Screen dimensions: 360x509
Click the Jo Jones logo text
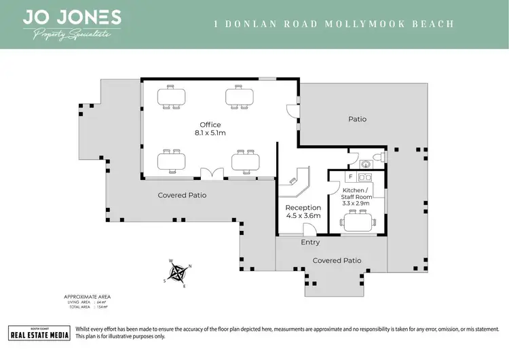pyautogui.click(x=72, y=18)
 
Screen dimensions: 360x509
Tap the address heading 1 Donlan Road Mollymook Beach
pyautogui.click(x=333, y=24)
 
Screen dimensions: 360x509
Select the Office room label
pyautogui.click(x=210, y=124)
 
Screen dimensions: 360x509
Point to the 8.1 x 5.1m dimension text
pyautogui.click(x=210, y=134)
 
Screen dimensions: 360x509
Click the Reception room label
pyautogui.click(x=302, y=207)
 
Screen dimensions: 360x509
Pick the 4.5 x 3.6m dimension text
pyautogui.click(x=302, y=216)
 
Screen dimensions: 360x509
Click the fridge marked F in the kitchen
pyautogui.click(x=341, y=177)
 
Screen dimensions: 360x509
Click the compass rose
pyautogui.click(x=179, y=272)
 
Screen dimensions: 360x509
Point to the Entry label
pyautogui.click(x=310, y=242)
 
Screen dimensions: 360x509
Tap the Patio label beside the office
pyautogui.click(x=358, y=119)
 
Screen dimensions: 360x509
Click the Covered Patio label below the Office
pyautogui.click(x=182, y=195)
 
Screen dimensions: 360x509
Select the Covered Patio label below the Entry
pyautogui.click(x=337, y=260)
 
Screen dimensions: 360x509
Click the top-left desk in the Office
pyautogui.click(x=171, y=96)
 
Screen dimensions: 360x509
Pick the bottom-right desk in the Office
pyautogui.click(x=245, y=162)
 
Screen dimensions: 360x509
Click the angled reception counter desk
pyautogui.click(x=297, y=181)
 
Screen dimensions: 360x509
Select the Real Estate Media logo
pyautogui.click(x=39, y=332)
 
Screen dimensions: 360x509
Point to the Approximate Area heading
pyautogui.click(x=87, y=297)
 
